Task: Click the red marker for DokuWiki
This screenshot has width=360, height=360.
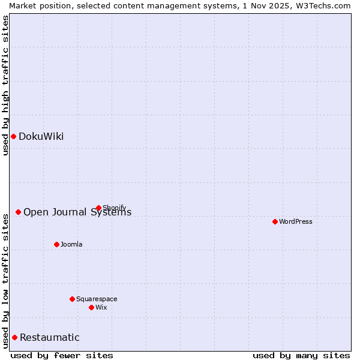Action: click(x=13, y=136)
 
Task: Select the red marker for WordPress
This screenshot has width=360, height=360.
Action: click(x=275, y=221)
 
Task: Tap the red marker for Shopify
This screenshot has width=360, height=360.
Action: click(x=98, y=208)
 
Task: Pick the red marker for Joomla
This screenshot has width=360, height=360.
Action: click(x=56, y=244)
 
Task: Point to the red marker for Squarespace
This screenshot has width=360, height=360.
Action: click(x=72, y=299)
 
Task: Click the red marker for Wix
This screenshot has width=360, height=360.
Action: click(x=91, y=307)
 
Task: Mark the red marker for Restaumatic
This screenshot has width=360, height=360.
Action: click(x=14, y=337)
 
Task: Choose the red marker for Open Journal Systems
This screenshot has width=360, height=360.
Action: click(x=18, y=212)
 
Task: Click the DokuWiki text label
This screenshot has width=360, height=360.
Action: click(x=41, y=136)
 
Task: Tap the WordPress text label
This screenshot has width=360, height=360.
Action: click(x=296, y=221)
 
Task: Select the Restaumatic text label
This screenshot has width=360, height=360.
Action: click(x=49, y=337)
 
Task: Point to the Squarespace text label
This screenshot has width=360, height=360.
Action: click(x=97, y=299)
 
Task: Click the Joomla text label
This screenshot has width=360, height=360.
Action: click(x=71, y=244)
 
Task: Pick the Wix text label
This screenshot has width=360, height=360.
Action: click(x=101, y=307)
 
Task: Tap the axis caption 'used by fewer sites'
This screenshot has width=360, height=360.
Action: click(x=62, y=355)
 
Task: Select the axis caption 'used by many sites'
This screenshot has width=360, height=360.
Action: click(x=301, y=355)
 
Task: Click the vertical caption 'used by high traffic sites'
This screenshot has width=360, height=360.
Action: click(x=6, y=85)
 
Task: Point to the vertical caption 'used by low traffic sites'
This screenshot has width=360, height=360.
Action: click(x=6, y=280)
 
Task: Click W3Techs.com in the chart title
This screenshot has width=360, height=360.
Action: click(x=320, y=5)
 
